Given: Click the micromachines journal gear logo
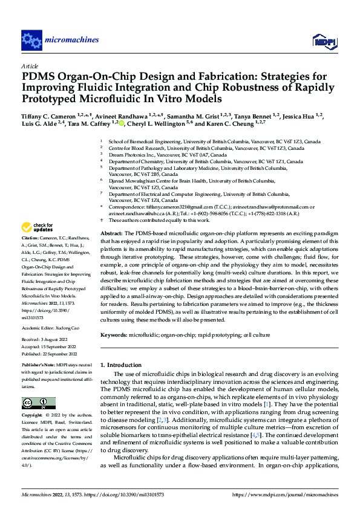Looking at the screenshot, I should [31, 41].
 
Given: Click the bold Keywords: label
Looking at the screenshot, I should [114, 334].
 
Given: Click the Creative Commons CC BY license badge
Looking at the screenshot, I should [39, 404].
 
